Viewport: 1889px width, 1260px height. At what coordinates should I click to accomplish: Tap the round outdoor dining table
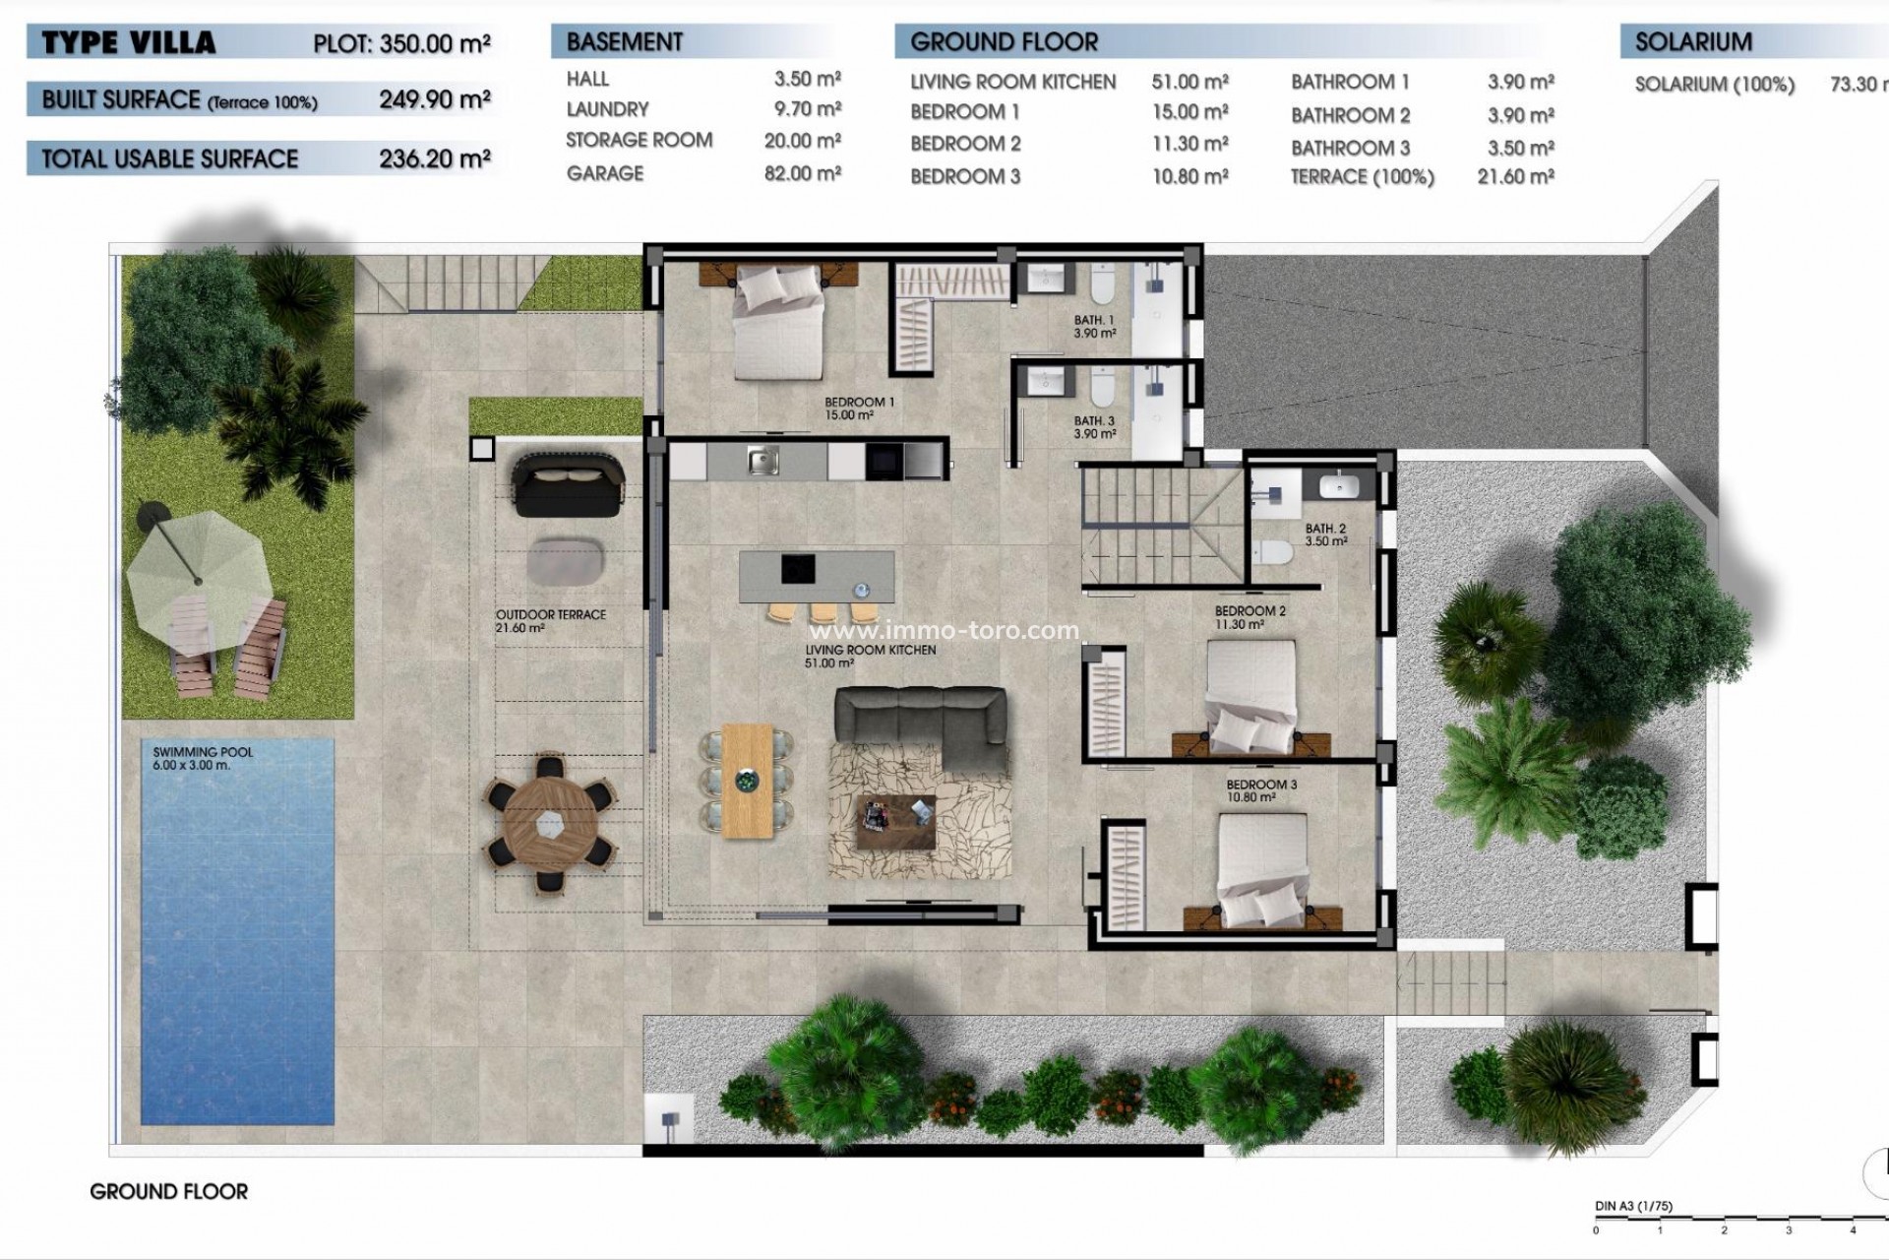[550, 823]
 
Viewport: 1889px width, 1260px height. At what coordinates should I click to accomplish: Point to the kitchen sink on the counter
[762, 460]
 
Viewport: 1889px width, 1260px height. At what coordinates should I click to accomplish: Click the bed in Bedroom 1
[779, 322]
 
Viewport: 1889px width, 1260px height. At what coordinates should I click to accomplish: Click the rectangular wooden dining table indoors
[748, 781]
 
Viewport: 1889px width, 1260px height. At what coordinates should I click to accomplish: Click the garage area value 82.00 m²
[803, 173]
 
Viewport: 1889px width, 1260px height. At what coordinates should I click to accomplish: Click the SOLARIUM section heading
[1693, 42]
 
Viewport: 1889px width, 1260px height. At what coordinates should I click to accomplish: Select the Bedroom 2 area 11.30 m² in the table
[1189, 144]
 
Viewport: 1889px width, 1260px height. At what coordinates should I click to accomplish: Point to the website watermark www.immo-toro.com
[944, 630]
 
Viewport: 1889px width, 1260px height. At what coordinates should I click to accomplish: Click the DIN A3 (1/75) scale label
[1633, 1206]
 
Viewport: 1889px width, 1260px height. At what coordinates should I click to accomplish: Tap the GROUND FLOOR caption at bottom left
[169, 1191]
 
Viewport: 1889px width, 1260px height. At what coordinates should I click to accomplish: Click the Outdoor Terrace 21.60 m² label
[550, 621]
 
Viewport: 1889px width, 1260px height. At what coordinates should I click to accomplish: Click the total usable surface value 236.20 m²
[435, 158]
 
